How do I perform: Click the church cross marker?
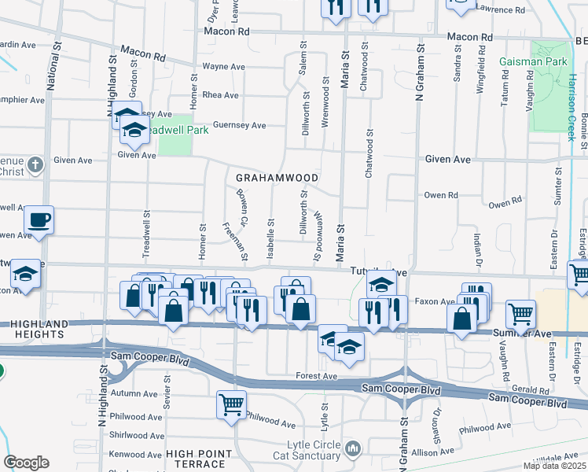tap(34, 165)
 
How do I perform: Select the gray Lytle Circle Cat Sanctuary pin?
tap(352, 449)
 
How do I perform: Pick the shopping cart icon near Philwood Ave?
tap(232, 404)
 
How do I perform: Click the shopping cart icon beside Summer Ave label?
tap(520, 314)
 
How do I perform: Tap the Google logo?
tap(26, 463)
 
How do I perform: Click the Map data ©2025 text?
tap(554, 466)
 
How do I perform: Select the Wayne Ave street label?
tap(220, 68)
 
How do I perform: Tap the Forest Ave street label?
tap(318, 377)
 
